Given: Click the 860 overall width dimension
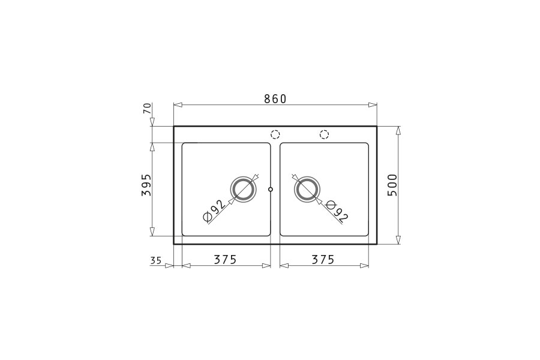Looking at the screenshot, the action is coord(275,99).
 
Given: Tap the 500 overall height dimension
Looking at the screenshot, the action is coord(392,185).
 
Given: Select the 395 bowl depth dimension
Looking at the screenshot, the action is coord(146,185).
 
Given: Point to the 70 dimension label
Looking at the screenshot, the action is coord(147,109).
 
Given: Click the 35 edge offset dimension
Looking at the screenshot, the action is coord(155,260).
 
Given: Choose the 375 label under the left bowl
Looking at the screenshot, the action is coord(225,259).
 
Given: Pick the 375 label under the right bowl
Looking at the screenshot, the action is coord(323,259).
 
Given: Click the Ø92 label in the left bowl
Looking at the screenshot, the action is coord(215,210).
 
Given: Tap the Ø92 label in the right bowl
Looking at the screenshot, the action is coord(337,211).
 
